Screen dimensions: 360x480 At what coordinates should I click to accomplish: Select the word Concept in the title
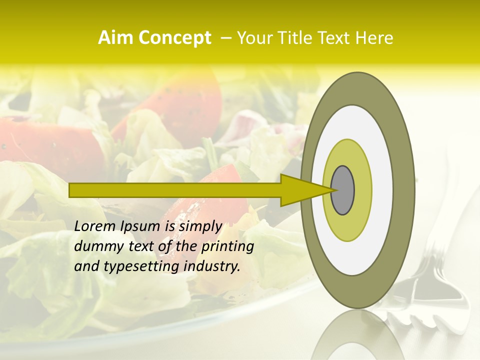(x=174, y=38)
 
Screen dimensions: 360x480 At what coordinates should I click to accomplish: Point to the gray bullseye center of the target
(x=342, y=190)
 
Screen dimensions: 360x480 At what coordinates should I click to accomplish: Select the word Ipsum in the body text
(x=139, y=226)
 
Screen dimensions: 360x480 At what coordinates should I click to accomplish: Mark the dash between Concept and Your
(x=225, y=38)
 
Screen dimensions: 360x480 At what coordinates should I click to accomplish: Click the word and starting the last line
(x=86, y=266)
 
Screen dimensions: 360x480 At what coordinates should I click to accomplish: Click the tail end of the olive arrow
(x=71, y=190)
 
